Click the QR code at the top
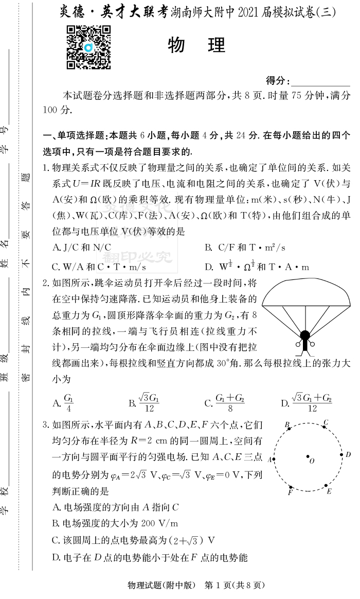pos(88,47)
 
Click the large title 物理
pos(197,45)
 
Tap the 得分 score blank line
pos(321,82)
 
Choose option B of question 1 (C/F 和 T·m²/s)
pos(245,248)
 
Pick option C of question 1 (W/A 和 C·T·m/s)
pos(99,267)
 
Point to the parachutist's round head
pos(305,336)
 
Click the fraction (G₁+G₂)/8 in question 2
pos(229,402)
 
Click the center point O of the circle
pos(308,456)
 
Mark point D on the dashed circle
pos(341,455)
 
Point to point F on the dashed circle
pos(291,487)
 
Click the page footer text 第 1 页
pos(220,585)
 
